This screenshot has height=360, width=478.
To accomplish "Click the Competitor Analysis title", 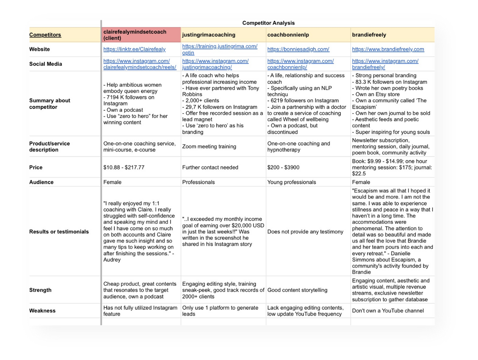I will click(x=268, y=23).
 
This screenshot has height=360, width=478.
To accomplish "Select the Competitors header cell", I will click(x=45, y=35).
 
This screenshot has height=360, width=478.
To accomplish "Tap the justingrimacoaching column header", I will click(x=207, y=35).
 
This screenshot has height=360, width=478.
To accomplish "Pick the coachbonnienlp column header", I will click(x=288, y=35).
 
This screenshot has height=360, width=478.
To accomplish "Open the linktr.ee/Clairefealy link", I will click(x=134, y=49).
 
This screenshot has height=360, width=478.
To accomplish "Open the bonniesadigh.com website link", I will click(x=298, y=49).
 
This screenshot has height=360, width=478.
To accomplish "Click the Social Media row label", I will click(x=46, y=64).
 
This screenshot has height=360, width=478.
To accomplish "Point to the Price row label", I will click(x=36, y=168).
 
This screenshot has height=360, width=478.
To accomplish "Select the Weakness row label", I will click(x=42, y=311).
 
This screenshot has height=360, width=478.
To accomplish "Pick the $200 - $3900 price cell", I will click(x=283, y=168).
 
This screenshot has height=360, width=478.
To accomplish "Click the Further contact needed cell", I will click(x=210, y=168).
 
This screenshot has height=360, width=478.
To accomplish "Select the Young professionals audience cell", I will click(x=292, y=182).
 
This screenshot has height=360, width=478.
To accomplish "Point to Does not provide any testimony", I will click(x=305, y=232).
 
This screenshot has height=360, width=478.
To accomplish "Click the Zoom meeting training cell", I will click(x=209, y=147).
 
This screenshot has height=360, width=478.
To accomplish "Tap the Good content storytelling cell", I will click(x=297, y=290).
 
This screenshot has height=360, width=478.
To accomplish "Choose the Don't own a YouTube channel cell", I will click(x=388, y=311).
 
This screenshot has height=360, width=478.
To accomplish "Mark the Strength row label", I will click(x=40, y=290).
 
